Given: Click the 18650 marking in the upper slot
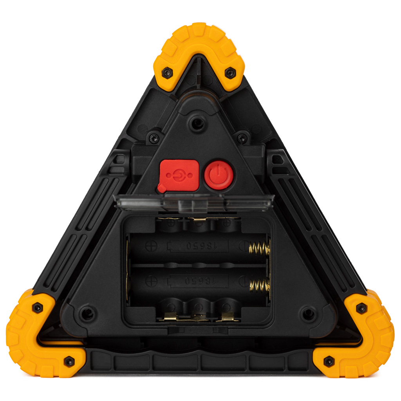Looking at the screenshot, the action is [x=202, y=246].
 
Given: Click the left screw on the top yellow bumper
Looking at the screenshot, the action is [x=167, y=73].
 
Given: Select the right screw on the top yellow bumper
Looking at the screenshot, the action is [x=230, y=73].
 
